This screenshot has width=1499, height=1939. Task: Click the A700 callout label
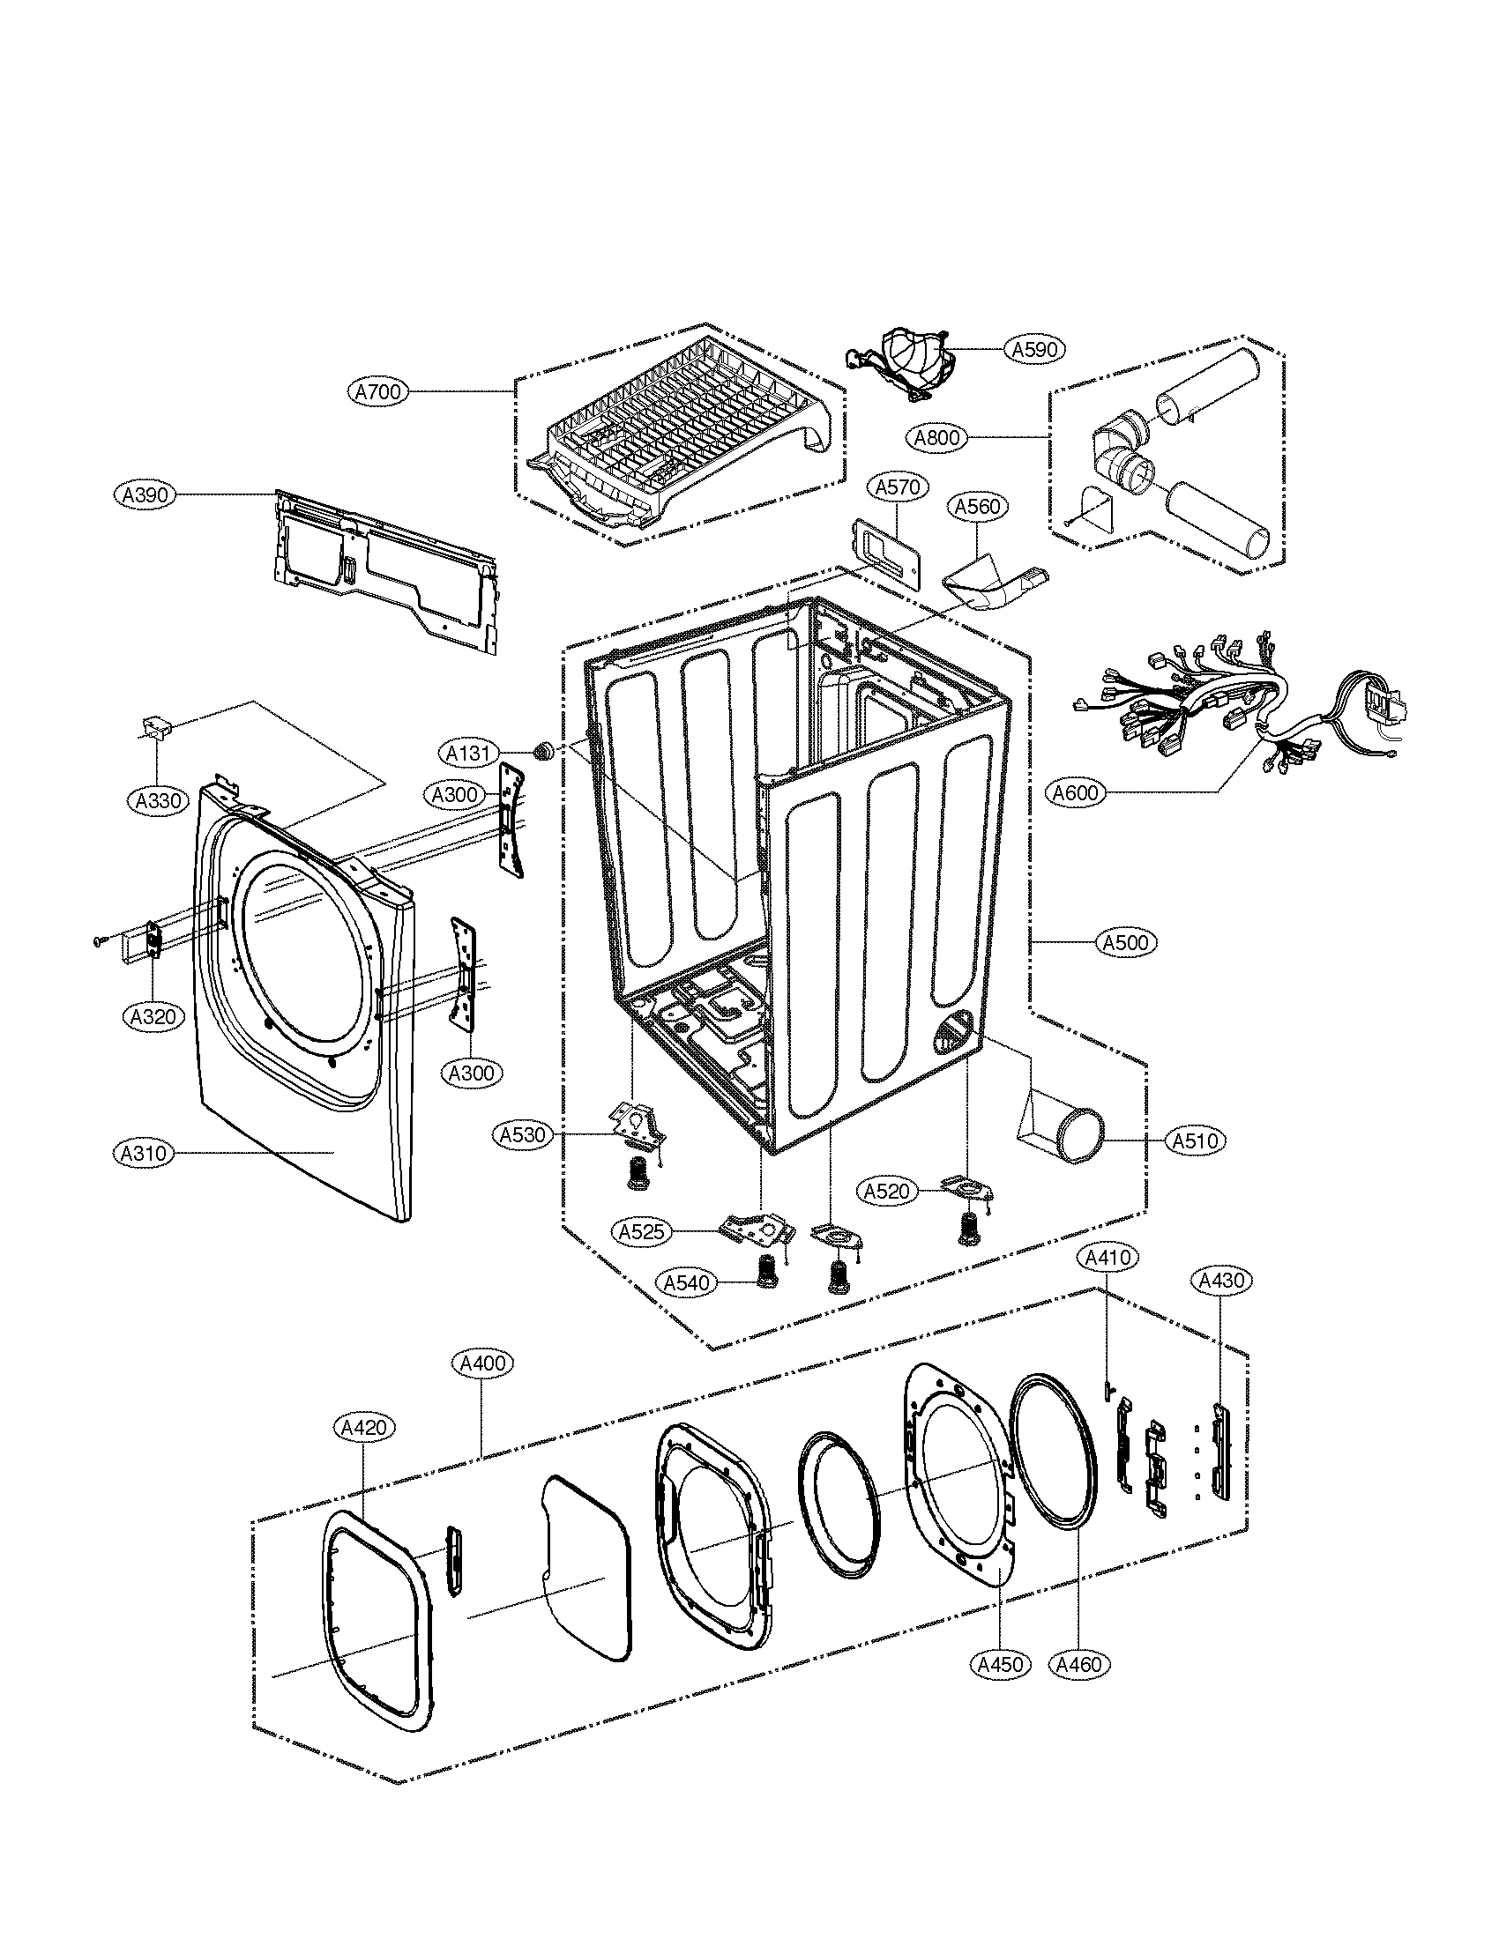coord(377,391)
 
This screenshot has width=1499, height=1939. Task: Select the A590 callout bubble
coord(1034,349)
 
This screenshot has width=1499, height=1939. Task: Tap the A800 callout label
coord(936,438)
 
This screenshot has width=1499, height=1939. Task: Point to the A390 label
coord(145,494)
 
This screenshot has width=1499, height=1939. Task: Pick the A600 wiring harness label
coord(1076,792)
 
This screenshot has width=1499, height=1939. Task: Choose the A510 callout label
coord(1195,1140)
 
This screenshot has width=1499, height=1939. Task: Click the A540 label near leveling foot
coord(686,1282)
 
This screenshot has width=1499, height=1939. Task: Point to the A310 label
coord(145,1154)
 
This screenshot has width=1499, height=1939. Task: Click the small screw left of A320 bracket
coord(99,940)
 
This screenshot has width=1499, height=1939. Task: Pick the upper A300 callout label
coord(454,795)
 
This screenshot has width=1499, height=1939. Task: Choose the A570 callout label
coord(897,487)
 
